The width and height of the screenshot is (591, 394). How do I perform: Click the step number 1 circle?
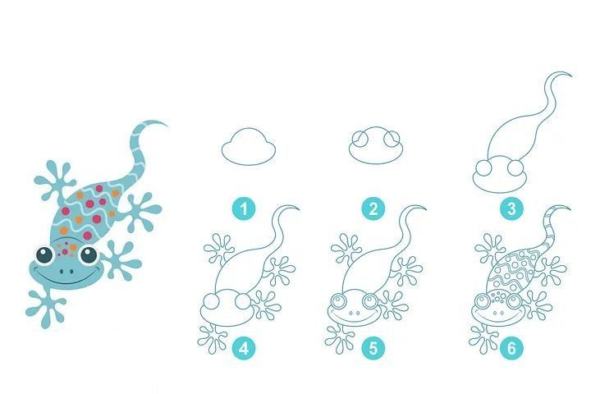pos(244,208)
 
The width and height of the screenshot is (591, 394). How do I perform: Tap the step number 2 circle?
pos(373,208)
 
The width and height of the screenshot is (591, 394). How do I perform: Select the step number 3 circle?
pos(511,208)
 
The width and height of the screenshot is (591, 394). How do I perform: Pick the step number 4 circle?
pos(244,348)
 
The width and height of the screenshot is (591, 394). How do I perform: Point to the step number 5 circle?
pos(373,348)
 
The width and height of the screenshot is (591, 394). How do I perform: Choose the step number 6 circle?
pos(511,348)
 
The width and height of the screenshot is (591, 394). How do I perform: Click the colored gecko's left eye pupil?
pos(44,255)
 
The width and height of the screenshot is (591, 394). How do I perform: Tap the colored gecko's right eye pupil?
pos(89,255)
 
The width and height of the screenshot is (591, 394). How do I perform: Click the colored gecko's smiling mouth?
pos(65,278)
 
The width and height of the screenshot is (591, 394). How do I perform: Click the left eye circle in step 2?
pos(360,139)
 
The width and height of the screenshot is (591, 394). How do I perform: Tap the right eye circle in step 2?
pos(392,139)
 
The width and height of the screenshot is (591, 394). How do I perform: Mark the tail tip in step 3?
pos(571,76)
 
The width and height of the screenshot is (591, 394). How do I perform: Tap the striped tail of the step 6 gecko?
pos(549,230)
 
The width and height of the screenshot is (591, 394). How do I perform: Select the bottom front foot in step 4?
pos(213,338)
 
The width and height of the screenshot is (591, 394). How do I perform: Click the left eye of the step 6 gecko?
pos(482,301)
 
